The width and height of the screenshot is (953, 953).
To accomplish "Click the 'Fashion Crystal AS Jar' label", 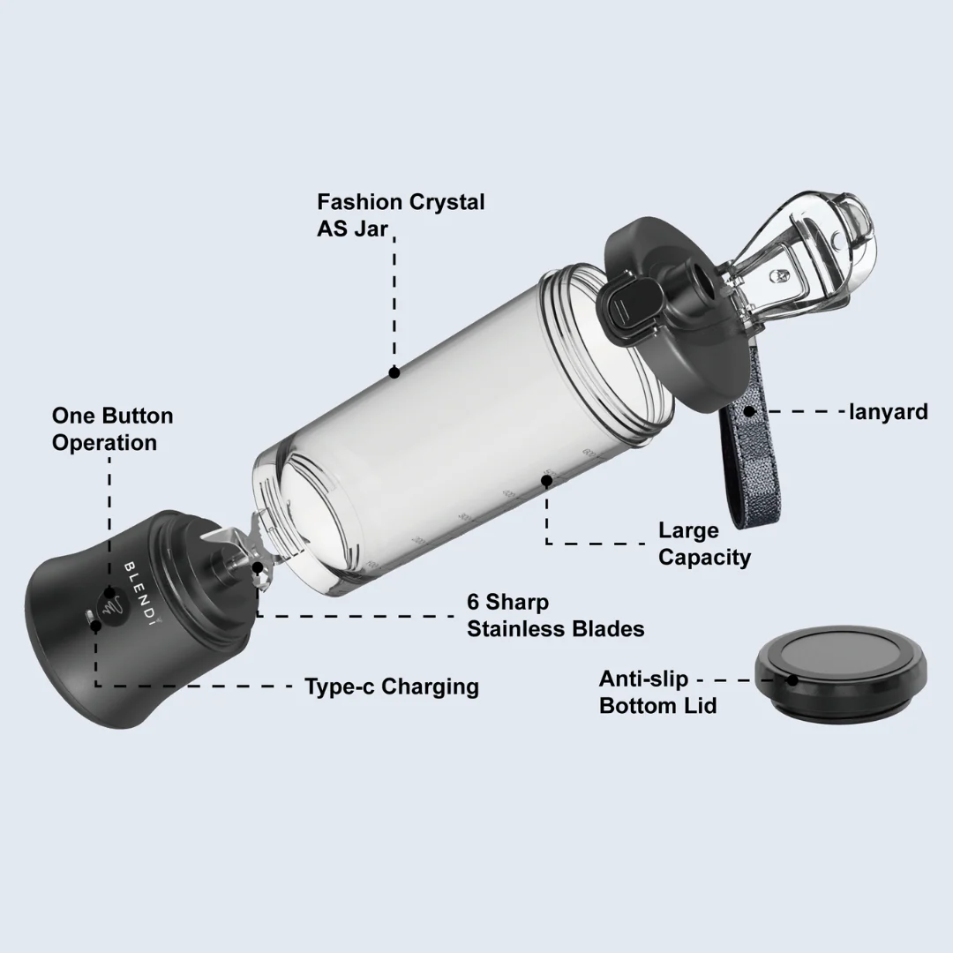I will point(401,214).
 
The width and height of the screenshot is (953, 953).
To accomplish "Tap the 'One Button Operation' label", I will point(112,429).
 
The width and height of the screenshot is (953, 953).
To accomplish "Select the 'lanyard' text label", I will point(888,411).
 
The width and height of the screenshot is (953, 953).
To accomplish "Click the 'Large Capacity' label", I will point(704,544).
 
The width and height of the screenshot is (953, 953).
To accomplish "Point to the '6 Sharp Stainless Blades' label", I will point(555,615).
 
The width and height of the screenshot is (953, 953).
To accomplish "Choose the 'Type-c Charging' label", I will point(391,687).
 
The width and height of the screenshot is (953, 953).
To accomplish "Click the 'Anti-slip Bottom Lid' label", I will point(657,693).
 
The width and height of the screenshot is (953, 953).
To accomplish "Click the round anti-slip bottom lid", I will point(841,676).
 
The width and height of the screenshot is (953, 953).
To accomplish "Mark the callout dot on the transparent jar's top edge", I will point(394,373).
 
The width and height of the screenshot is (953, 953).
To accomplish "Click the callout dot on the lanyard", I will point(749,410).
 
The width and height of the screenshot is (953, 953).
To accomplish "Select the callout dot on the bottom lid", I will point(792,680).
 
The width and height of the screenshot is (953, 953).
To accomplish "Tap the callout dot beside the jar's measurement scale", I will point(546,481).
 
